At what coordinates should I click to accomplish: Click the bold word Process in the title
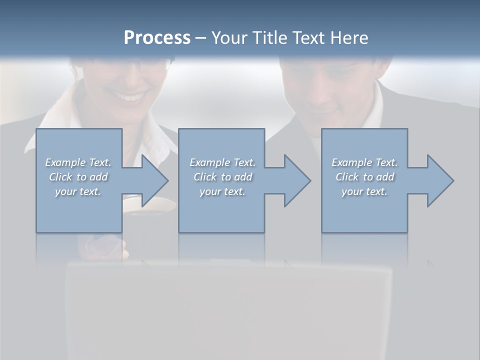tap(157, 38)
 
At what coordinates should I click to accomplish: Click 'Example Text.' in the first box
tap(78, 162)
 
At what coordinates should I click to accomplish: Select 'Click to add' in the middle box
tap(222, 177)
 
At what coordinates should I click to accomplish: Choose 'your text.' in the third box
tap(364, 191)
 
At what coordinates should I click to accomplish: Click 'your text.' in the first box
tap(78, 191)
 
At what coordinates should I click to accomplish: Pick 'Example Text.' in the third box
tap(364, 162)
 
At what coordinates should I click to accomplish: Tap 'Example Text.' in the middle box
tap(222, 162)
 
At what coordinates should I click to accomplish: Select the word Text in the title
tap(308, 38)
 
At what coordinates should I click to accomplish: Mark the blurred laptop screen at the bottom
tap(230, 310)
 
